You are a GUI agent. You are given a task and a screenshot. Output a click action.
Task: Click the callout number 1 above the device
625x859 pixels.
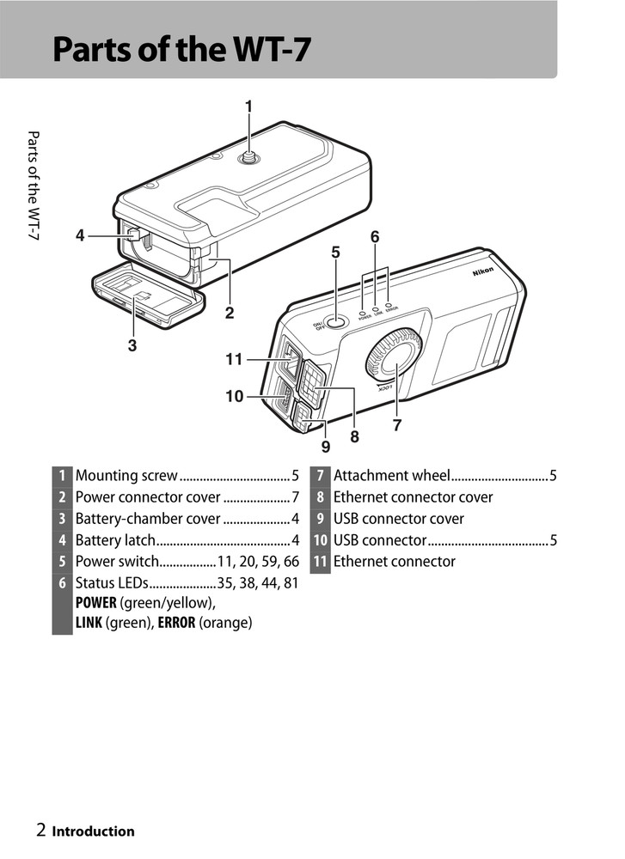[x=248, y=107]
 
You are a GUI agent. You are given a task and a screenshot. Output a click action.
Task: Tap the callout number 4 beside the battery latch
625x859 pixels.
[x=80, y=235]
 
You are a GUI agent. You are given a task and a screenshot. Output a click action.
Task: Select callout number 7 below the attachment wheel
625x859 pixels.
[x=397, y=424]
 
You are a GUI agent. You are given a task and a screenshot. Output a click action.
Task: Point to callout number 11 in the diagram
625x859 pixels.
[x=234, y=360]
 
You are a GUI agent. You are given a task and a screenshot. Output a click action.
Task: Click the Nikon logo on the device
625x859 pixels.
[x=482, y=271]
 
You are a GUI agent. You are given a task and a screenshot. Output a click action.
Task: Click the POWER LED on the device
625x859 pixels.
[x=363, y=305]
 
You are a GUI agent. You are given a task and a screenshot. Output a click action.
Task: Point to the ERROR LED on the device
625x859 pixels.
[x=389, y=304]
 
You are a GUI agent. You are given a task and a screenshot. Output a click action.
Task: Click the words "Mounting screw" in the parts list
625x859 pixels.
[x=126, y=476]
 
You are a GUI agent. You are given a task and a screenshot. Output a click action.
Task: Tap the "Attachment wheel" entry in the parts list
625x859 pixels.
[x=391, y=476]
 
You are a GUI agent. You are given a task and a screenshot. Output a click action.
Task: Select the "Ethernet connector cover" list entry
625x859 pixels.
[x=413, y=497]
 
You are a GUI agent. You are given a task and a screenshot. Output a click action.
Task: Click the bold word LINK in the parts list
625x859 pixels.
[x=89, y=623]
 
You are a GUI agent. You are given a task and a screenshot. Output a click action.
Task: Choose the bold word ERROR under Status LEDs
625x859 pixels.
[x=175, y=623]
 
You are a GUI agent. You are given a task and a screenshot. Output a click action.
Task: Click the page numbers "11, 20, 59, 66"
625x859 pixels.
[x=258, y=562]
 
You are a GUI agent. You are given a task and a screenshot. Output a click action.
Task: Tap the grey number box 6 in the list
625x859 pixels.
[x=62, y=583]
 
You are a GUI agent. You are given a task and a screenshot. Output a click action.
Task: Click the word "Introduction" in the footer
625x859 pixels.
[x=94, y=832]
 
